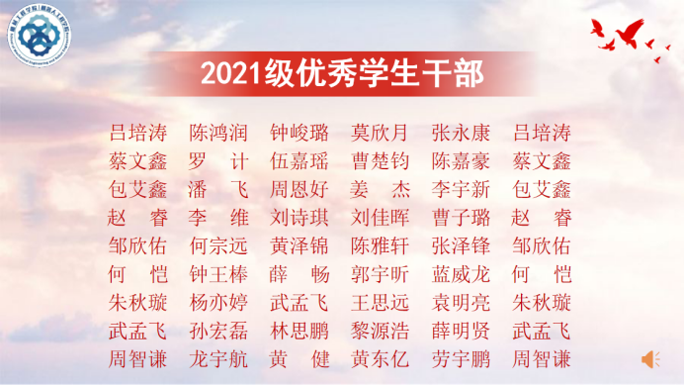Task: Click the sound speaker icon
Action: click(650, 356)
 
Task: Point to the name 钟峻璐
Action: click(299, 133)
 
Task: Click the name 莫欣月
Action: click(380, 133)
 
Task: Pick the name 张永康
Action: click(461, 133)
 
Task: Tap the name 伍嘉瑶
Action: click(299, 160)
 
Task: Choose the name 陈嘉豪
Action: click(461, 160)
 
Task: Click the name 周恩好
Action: click(299, 189)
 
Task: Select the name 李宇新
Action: click(461, 189)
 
